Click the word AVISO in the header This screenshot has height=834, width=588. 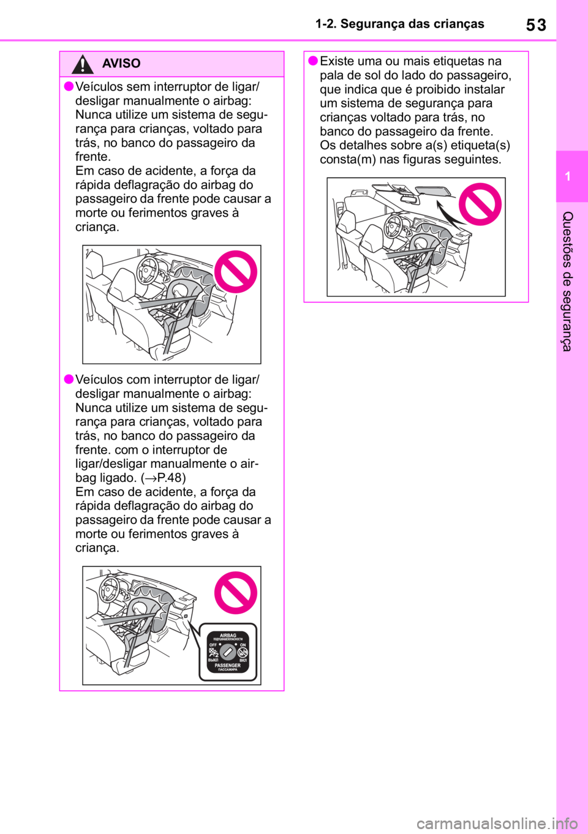[x=121, y=63]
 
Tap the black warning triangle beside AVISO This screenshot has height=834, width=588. [x=82, y=64]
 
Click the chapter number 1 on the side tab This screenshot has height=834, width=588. [x=568, y=176]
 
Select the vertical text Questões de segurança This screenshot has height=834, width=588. [x=567, y=281]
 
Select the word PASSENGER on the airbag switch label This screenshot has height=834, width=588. [x=227, y=665]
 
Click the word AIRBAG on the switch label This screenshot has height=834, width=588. [x=228, y=636]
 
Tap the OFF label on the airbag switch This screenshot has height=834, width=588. [x=213, y=645]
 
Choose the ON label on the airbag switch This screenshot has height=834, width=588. [x=243, y=645]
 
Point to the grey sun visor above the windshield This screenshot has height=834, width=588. [x=432, y=191]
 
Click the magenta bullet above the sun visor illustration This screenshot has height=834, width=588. [x=312, y=60]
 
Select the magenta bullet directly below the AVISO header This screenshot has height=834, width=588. [x=69, y=86]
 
